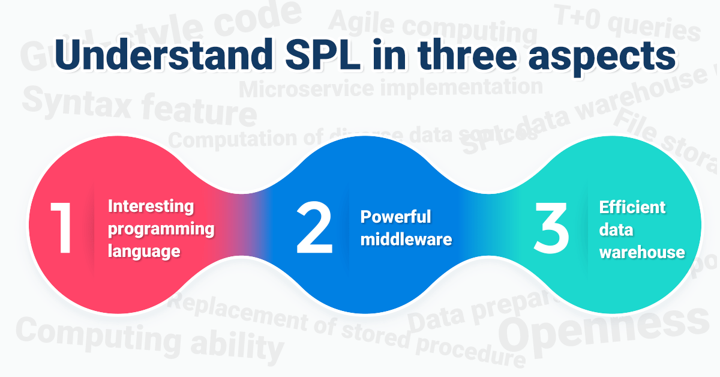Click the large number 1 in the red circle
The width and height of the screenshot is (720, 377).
(62, 229)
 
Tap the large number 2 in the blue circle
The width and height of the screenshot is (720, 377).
(314, 229)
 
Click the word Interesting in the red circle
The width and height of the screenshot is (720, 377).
(151, 207)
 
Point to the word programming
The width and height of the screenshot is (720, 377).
(161, 229)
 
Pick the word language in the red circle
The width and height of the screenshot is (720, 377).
(144, 250)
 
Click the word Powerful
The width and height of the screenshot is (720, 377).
(395, 216)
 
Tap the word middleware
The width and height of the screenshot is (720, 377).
(406, 239)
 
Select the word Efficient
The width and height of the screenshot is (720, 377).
(632, 207)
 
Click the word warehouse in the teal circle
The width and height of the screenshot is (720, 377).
(642, 252)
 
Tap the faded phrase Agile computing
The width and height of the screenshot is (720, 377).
(433, 25)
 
